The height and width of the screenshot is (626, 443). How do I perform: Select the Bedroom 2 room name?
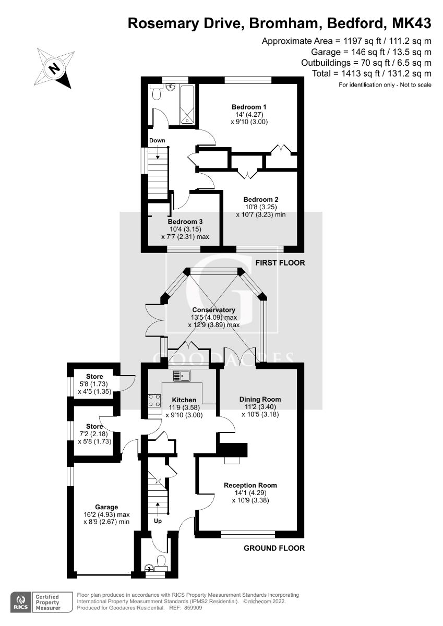260,199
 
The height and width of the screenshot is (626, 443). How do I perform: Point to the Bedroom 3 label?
185,222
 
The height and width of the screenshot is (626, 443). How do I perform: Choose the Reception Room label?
250,485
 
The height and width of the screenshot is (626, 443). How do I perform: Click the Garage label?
106,507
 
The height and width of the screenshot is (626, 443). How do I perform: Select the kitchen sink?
183,375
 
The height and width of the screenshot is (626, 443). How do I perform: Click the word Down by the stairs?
157,140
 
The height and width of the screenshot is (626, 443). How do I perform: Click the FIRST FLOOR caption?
280,262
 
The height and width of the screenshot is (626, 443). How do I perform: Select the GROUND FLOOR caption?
274,548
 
